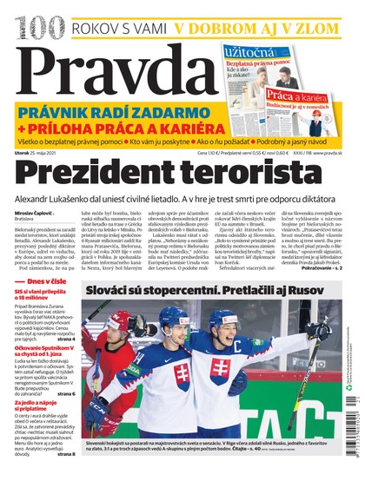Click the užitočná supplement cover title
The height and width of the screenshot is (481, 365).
[x=249, y=53]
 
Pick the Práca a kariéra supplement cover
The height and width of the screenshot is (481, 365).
[x=292, y=104]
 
